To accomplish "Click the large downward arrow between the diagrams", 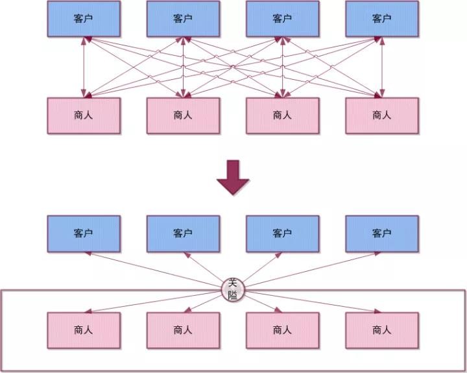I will [233, 179].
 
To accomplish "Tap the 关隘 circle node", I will [233, 288].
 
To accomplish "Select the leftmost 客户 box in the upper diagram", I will [83, 19].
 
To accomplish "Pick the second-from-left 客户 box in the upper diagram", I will [183, 19].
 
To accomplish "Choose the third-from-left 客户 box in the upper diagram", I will [282, 19].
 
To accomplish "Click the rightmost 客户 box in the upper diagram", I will [381, 19].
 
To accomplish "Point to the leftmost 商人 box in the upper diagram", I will [83, 115].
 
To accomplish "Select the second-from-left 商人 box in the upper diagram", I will [183, 115].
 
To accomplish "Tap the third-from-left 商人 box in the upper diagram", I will [282, 115].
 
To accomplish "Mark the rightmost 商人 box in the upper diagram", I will [381, 115].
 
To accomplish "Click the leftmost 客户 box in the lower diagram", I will [83, 234].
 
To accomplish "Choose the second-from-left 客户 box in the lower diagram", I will [183, 234].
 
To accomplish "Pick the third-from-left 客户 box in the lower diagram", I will [282, 234].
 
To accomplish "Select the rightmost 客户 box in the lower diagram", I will [381, 234].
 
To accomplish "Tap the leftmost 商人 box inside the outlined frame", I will [83, 330].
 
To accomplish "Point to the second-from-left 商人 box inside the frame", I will [183, 330].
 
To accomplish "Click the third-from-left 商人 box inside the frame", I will [282, 330].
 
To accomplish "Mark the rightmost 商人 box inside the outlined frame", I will [381, 330].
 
